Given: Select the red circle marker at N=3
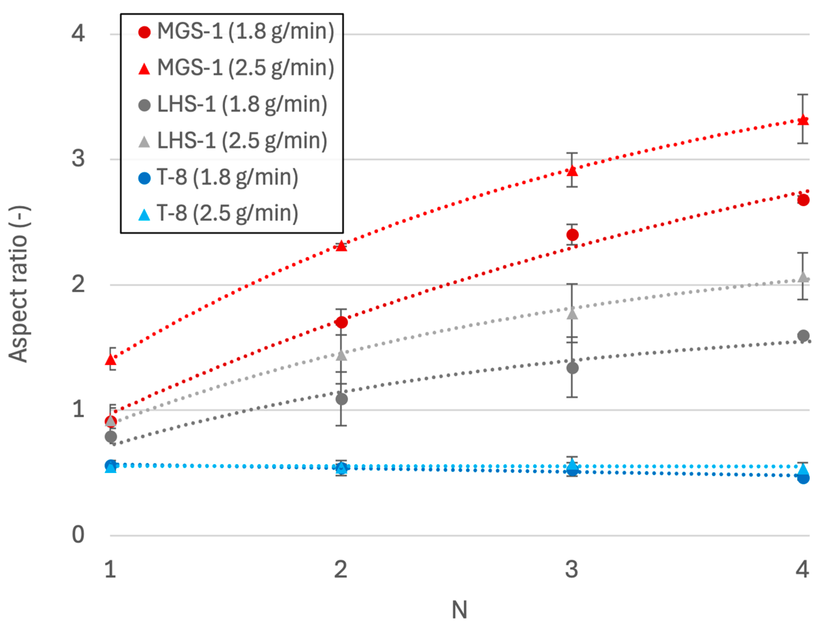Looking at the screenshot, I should pyautogui.click(x=572, y=235).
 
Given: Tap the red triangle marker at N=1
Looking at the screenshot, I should pyautogui.click(x=110, y=360).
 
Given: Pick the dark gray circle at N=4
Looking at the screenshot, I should pyautogui.click(x=803, y=336).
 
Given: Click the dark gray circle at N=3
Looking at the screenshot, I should pyautogui.click(x=572, y=368).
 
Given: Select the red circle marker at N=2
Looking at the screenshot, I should pyautogui.click(x=341, y=322).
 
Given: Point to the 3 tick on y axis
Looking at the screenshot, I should pyautogui.click(x=78, y=159).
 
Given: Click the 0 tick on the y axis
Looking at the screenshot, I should pyautogui.click(x=78, y=535).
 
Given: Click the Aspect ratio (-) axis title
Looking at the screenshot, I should pyautogui.click(x=19, y=284).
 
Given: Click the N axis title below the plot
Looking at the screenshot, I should pyautogui.click(x=459, y=610).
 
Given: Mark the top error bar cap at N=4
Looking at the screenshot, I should pyautogui.click(x=803, y=95).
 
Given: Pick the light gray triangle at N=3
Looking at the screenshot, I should pyautogui.click(x=572, y=313).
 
